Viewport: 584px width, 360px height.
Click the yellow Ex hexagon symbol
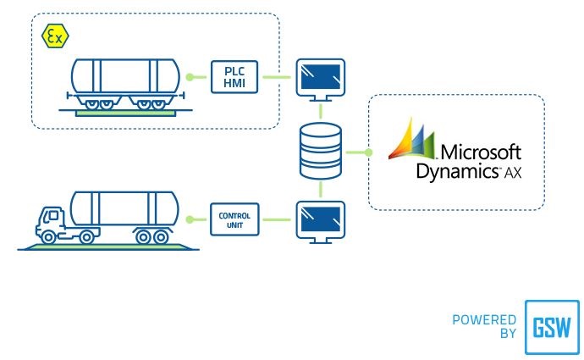tap(56, 36)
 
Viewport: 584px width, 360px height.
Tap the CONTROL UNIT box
tap(234, 217)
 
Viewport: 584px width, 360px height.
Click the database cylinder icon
tap(320, 152)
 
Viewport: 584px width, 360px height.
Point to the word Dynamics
tap(455, 171)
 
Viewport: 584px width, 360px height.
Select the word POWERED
tap(485, 320)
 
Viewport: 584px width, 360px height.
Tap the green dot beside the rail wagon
tap(191, 77)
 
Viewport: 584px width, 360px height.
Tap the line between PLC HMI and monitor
tap(274, 77)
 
